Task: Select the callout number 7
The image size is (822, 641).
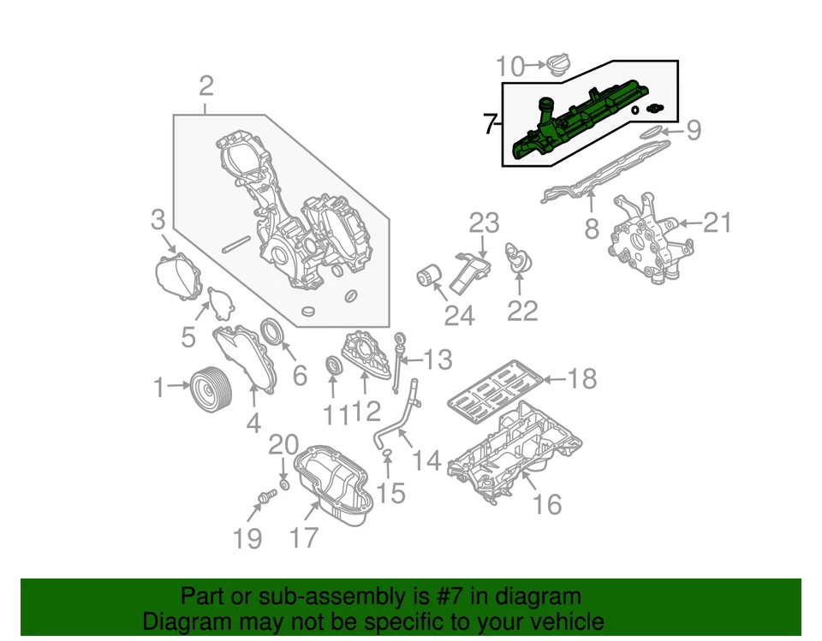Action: (x=489, y=125)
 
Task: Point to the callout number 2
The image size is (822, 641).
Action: (x=205, y=86)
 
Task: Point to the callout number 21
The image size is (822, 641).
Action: (x=718, y=223)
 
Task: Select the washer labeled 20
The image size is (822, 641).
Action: (x=284, y=485)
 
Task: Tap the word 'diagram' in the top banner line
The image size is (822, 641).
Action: (x=536, y=596)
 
